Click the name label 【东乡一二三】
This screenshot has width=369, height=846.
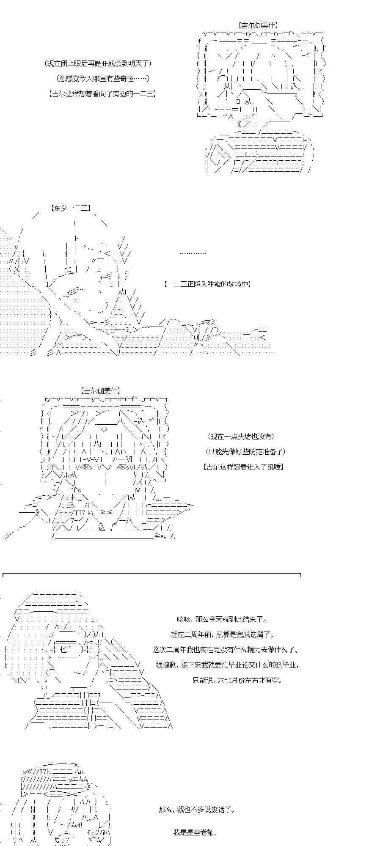click(70, 208)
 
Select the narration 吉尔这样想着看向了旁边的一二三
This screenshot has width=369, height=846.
click(102, 94)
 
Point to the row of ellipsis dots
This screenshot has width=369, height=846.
click(193, 253)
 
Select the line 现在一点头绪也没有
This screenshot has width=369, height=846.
click(240, 436)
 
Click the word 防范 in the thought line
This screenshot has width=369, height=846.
click(251, 451)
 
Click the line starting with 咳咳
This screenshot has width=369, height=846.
click(222, 619)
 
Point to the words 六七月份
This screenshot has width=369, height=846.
click(237, 680)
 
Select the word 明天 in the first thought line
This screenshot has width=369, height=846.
click(134, 63)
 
